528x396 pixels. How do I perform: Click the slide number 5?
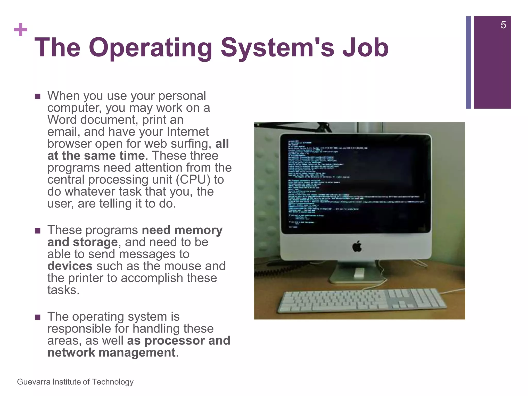pos(503,25)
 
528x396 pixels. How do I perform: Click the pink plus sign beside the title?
pos(21,30)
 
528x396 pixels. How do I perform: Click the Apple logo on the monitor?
pos(357,246)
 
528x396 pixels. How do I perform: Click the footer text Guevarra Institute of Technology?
pos(75,382)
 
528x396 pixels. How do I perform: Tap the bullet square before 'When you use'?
pos(38,97)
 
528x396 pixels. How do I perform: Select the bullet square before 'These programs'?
pos(38,231)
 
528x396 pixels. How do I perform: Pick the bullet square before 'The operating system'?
pos(38,317)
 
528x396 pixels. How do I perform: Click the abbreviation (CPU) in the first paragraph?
pos(193,180)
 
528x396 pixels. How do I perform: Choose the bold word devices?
pos(70,266)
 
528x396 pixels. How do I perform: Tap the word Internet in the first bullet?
pos(188,132)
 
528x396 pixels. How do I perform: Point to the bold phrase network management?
pos(111,353)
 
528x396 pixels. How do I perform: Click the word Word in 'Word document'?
pos(62,120)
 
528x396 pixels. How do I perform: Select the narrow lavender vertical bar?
pos(468,62)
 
